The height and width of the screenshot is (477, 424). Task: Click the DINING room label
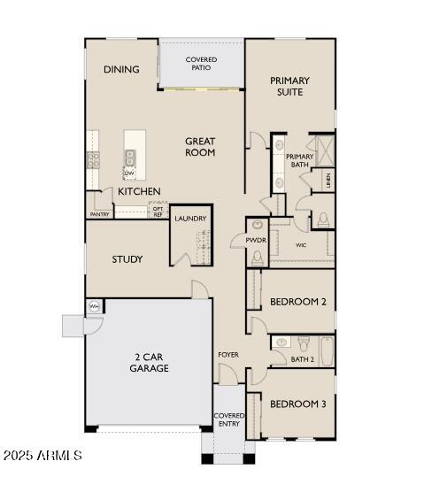coord(120,70)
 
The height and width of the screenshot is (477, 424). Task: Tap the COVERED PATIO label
coord(201,64)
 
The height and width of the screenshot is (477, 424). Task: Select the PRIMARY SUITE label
coord(289,86)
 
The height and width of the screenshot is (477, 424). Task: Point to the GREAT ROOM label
coord(200,146)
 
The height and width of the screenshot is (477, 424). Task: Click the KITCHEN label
coord(140,191)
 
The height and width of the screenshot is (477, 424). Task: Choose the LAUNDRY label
coord(190,219)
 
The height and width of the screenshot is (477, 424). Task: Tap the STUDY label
coord(127,259)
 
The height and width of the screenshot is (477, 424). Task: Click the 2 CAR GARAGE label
coord(150,363)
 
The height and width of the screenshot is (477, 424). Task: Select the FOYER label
coord(228,355)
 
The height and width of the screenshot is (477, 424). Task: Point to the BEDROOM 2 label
coord(298,302)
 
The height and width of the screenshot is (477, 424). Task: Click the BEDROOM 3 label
coord(298,404)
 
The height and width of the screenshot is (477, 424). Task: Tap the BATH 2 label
coord(303,359)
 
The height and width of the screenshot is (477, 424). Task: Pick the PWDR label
coord(256,240)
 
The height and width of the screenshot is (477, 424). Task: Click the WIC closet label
coord(301,245)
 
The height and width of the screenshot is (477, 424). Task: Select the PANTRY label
coord(99,214)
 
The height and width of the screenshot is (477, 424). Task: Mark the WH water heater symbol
coord(93,306)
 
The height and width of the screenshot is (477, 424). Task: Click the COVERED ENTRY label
coord(229,419)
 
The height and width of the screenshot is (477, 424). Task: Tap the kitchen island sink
coord(130,158)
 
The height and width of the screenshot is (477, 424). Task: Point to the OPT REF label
coord(158,212)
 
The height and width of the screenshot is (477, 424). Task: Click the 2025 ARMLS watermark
coord(42,456)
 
